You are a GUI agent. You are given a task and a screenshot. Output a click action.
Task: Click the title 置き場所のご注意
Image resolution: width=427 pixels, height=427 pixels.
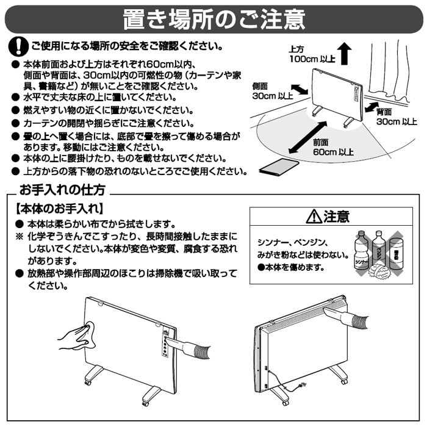coord(214,19)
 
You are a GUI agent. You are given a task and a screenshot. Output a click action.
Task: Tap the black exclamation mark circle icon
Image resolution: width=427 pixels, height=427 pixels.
coord(18,46)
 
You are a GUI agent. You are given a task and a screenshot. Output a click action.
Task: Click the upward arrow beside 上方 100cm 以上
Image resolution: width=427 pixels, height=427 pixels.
coord(344,54)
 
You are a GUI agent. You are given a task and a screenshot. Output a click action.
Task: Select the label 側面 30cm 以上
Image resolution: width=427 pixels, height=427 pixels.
coord(272,91)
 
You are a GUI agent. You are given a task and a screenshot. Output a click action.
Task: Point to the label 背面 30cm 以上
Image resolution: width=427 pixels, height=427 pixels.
coord(396,117)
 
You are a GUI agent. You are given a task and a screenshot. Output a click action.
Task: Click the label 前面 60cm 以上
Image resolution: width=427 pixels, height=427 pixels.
coord(333,148)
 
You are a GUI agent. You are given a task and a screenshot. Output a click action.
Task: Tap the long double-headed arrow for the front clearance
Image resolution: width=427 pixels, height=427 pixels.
coord(307,137)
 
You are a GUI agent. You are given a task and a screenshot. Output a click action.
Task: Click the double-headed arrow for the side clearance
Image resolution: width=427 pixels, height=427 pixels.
coord(300,90)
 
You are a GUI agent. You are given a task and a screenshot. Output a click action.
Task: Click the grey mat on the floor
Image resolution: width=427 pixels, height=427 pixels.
coord(279,167)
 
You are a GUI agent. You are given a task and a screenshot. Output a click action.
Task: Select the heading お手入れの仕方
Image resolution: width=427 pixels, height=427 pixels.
coord(62,190)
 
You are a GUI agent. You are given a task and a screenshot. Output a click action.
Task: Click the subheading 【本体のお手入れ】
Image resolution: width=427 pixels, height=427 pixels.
coord(59,209)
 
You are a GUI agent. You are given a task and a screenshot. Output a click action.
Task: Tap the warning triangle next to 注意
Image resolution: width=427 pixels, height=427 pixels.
coord(314,217)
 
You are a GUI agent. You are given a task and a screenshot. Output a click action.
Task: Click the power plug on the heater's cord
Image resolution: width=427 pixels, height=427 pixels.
coord(303,384)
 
